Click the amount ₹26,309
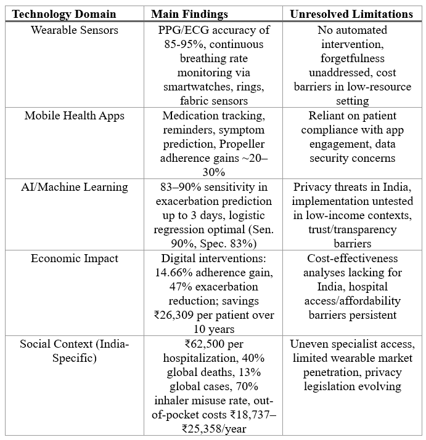click(x=184, y=315)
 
